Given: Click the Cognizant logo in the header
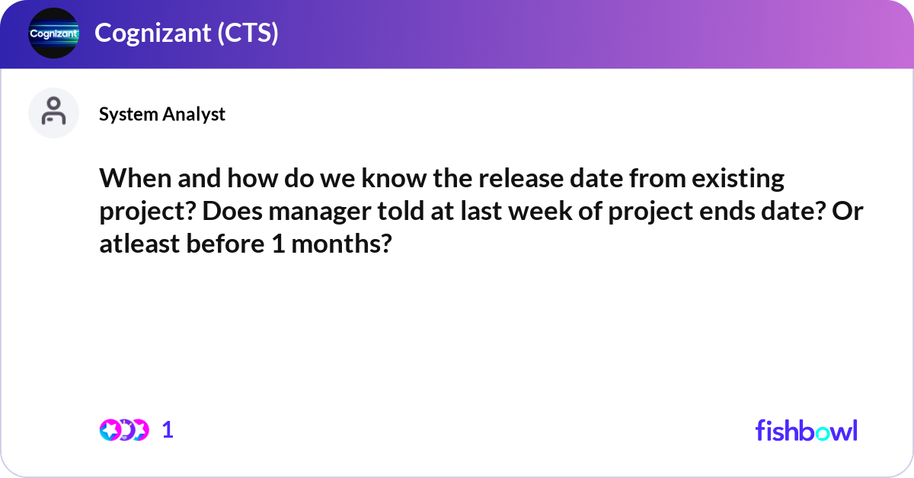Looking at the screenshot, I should pyautogui.click(x=53, y=33).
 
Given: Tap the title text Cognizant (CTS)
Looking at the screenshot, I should pyautogui.click(x=186, y=33).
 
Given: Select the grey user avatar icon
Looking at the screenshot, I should pyautogui.click(x=53, y=112).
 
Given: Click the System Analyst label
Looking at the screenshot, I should pyautogui.click(x=161, y=114).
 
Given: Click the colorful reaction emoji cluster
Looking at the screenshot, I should pyautogui.click(x=123, y=430).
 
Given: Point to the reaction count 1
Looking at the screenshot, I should pyautogui.click(x=168, y=430).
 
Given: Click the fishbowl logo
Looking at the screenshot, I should pyautogui.click(x=806, y=430).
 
